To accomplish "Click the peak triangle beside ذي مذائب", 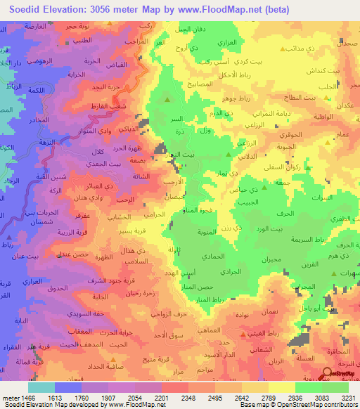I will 283,50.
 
